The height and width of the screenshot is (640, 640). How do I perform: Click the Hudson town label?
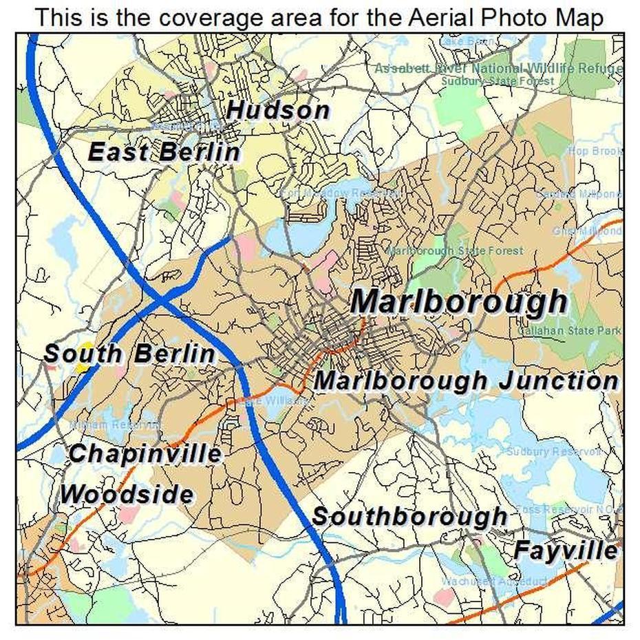[278, 110]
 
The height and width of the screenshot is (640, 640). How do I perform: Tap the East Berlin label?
[164, 152]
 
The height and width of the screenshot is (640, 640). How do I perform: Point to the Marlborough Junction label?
[467, 381]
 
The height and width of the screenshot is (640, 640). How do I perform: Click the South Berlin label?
[129, 354]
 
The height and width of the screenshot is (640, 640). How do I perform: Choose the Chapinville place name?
[145, 454]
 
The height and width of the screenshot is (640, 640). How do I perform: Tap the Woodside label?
[126, 494]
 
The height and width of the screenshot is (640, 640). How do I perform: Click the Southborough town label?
[409, 516]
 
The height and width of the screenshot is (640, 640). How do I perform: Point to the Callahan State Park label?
[568, 331]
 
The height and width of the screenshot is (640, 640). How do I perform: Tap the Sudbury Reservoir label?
[554, 451]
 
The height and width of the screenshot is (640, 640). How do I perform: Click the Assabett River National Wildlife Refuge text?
[498, 69]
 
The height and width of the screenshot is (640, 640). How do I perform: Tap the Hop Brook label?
[595, 151]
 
